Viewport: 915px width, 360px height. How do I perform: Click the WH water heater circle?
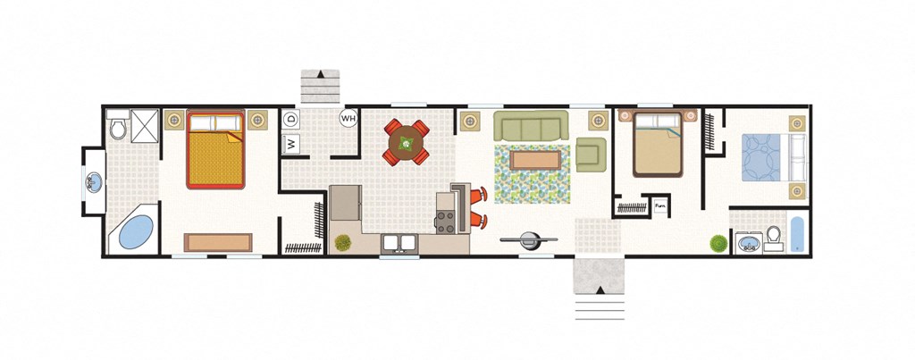[348, 118]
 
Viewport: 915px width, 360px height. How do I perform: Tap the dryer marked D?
[290, 119]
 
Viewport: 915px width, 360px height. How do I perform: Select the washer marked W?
[290, 143]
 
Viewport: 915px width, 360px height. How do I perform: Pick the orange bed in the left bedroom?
[215, 149]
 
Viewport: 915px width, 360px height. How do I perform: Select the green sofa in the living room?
[532, 128]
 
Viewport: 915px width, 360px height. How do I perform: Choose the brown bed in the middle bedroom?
[659, 143]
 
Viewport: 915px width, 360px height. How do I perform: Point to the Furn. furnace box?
[660, 206]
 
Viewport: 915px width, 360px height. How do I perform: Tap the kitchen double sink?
[399, 242]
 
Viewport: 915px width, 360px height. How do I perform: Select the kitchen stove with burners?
[445, 221]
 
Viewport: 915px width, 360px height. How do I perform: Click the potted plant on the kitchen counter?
[342, 241]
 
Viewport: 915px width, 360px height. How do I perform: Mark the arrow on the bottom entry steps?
[599, 289]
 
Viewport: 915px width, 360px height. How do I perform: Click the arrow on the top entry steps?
[319, 75]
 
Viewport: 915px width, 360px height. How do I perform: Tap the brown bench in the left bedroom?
[218, 242]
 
